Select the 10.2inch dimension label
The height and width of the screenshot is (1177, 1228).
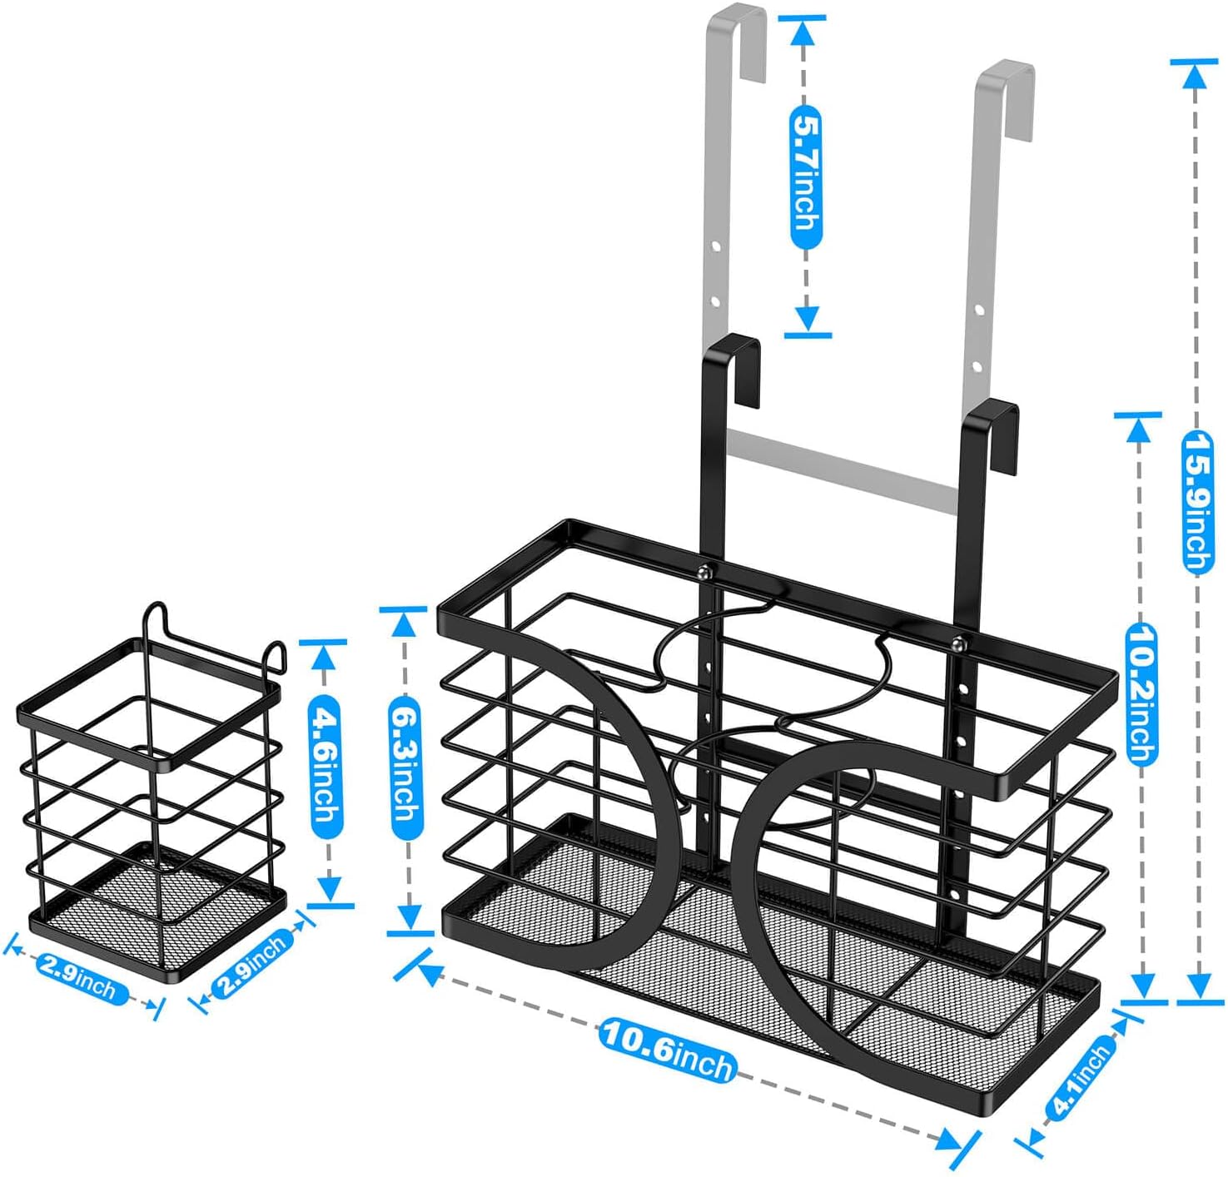(1141, 694)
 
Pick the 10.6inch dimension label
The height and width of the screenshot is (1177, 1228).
(668, 1048)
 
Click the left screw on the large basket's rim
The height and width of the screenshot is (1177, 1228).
(703, 572)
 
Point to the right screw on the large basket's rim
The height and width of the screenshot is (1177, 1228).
(960, 644)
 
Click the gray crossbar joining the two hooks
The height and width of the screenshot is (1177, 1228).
(843, 470)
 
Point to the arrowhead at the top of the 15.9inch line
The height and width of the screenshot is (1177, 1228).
(1193, 77)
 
